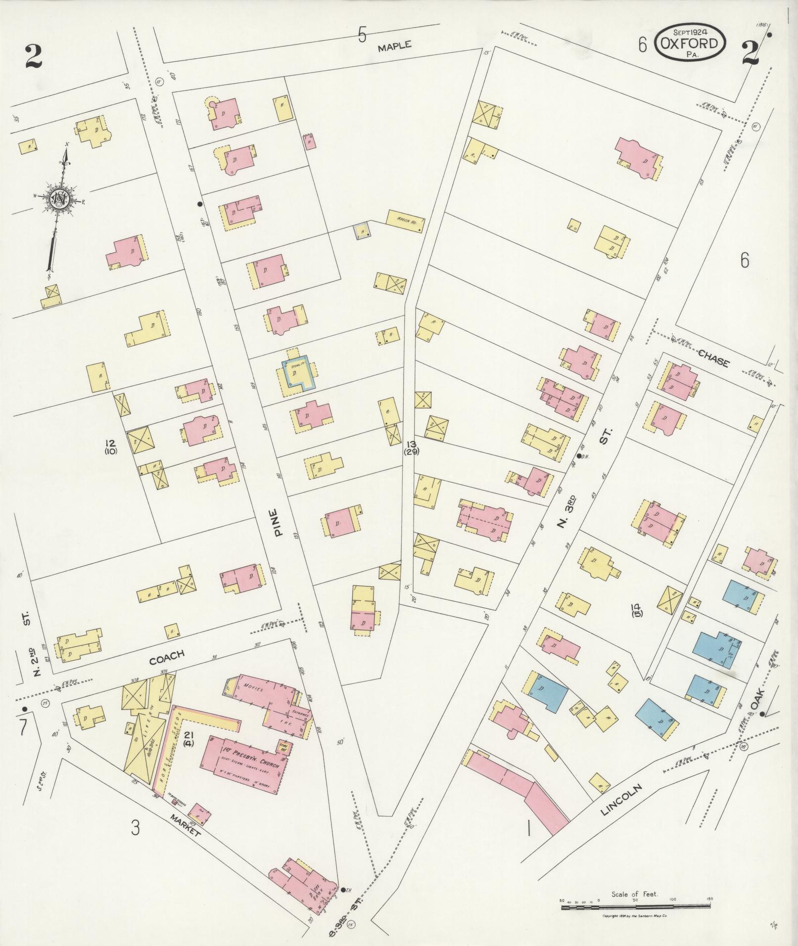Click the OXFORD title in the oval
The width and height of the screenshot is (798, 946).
[x=691, y=43]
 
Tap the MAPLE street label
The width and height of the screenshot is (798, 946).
[x=394, y=46]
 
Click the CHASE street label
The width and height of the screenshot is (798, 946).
[x=713, y=359]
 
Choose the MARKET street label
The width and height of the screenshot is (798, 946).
[x=185, y=825]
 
